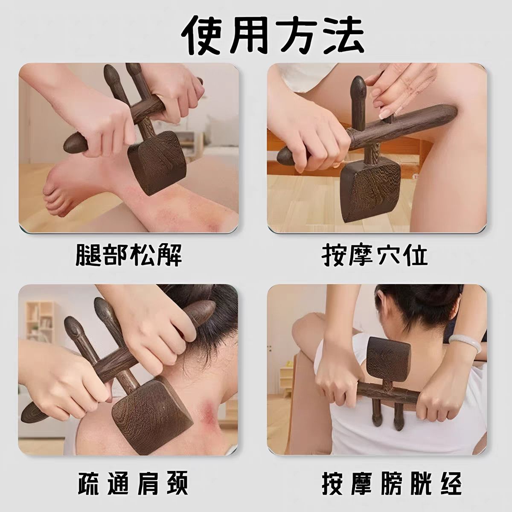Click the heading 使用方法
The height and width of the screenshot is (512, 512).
[273, 35]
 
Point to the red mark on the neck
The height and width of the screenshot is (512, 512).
[210, 410]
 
